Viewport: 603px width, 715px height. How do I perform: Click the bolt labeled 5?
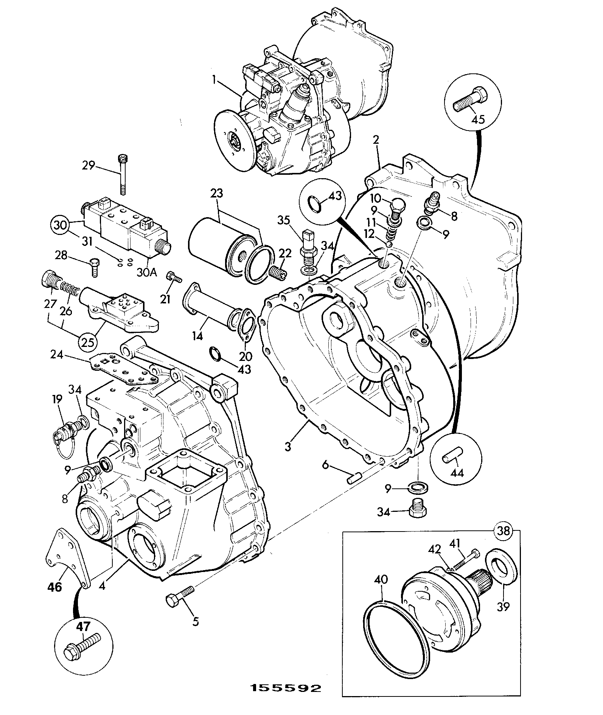180,597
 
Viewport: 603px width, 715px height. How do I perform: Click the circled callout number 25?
88,342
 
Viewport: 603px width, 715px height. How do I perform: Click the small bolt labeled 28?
94,268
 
